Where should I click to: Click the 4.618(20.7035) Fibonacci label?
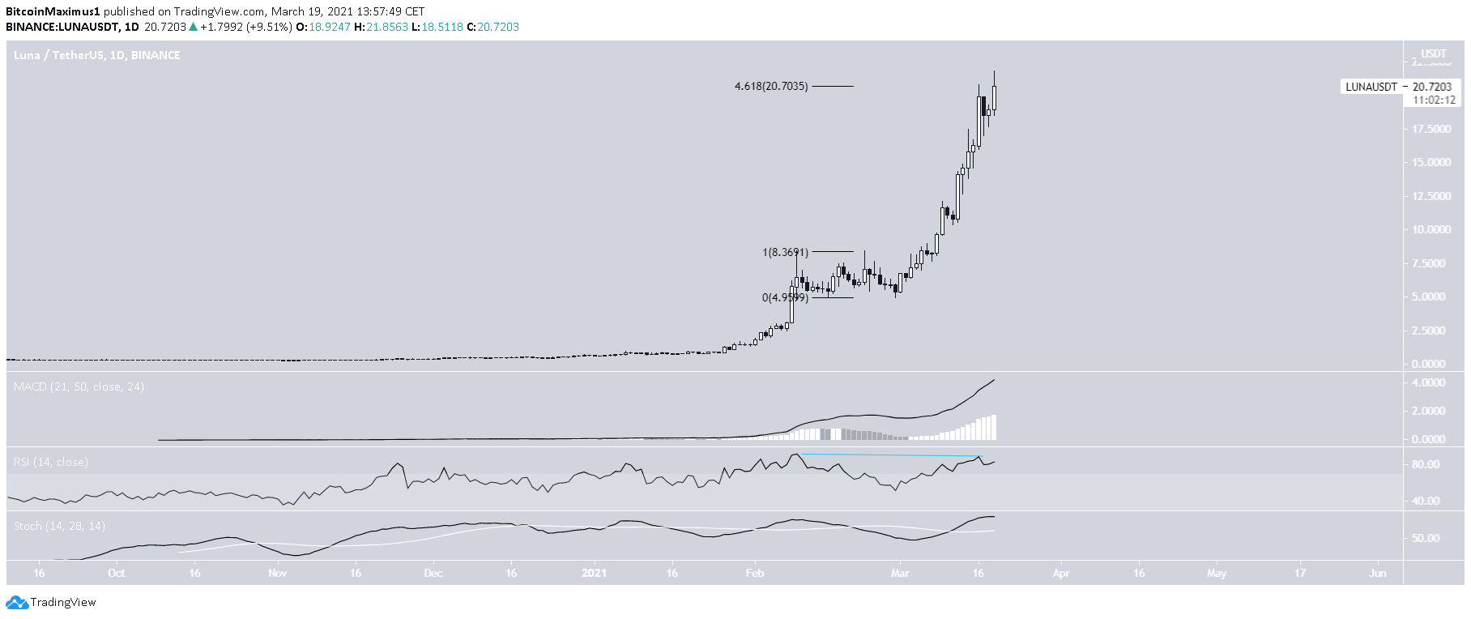pyautogui.click(x=770, y=86)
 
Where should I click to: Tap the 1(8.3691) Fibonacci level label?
pyautogui.click(x=785, y=252)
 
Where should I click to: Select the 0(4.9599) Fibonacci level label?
pyautogui.click(x=784, y=297)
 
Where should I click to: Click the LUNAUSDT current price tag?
pyautogui.click(x=1399, y=87)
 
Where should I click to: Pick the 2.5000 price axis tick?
pyautogui.click(x=1433, y=331)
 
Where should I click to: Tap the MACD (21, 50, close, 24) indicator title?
pyautogui.click(x=79, y=386)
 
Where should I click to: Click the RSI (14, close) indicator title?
pyautogui.click(x=51, y=462)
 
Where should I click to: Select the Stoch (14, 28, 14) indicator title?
pyautogui.click(x=59, y=526)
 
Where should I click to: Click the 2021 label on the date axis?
pyautogui.click(x=595, y=573)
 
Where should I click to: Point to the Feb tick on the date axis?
pyautogui.click(x=754, y=573)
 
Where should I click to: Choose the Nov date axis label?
pyautogui.click(x=277, y=573)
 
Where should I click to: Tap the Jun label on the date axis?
pyautogui.click(x=1377, y=573)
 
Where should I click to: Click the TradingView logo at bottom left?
pyautogui.click(x=51, y=602)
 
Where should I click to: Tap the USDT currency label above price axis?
pyautogui.click(x=1434, y=53)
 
